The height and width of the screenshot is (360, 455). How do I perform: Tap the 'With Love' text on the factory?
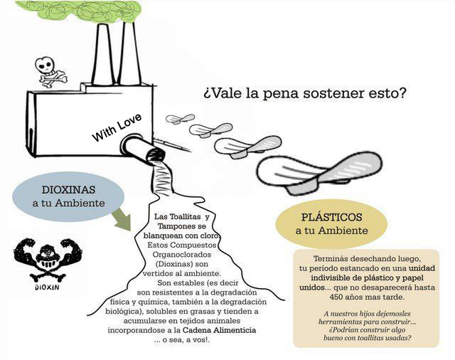point(117,127)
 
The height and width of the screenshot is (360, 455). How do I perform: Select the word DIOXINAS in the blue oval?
point(68,190)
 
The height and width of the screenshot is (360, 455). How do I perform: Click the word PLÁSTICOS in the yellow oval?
point(332,217)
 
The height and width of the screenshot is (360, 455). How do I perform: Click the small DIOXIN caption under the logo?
point(47,287)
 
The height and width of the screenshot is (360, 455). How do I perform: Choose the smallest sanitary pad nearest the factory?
point(180,119)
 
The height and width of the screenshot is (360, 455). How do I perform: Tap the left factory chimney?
point(102,53)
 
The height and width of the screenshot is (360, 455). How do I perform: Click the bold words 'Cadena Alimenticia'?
point(220,330)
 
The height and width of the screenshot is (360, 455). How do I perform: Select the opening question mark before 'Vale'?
point(206,95)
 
